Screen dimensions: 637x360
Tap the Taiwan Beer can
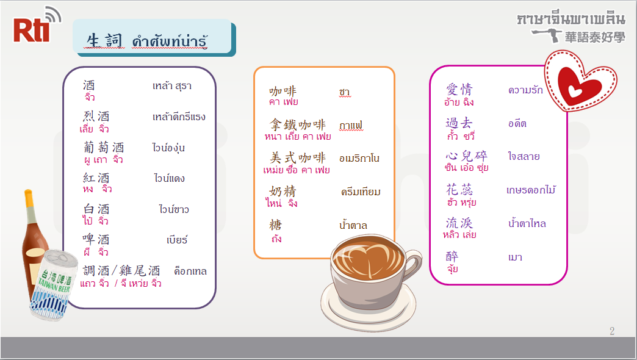(x=53, y=284)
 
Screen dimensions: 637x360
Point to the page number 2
(x=612, y=331)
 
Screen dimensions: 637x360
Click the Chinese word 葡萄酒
(x=104, y=147)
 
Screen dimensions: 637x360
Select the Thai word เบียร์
(x=177, y=240)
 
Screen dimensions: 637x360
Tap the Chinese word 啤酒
(x=96, y=239)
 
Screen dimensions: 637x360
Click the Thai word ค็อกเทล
(x=190, y=271)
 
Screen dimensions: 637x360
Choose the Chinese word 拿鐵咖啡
(x=298, y=124)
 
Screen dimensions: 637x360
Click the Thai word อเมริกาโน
(x=359, y=158)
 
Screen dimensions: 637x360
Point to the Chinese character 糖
(x=275, y=225)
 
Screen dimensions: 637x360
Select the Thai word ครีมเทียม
(x=361, y=192)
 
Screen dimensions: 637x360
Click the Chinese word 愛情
(x=459, y=89)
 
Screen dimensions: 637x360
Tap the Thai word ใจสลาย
(x=524, y=156)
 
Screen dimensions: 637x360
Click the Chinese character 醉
(x=452, y=256)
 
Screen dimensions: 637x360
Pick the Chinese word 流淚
(x=459, y=223)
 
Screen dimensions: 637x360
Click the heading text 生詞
(x=104, y=40)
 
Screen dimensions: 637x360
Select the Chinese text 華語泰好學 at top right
(x=595, y=37)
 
